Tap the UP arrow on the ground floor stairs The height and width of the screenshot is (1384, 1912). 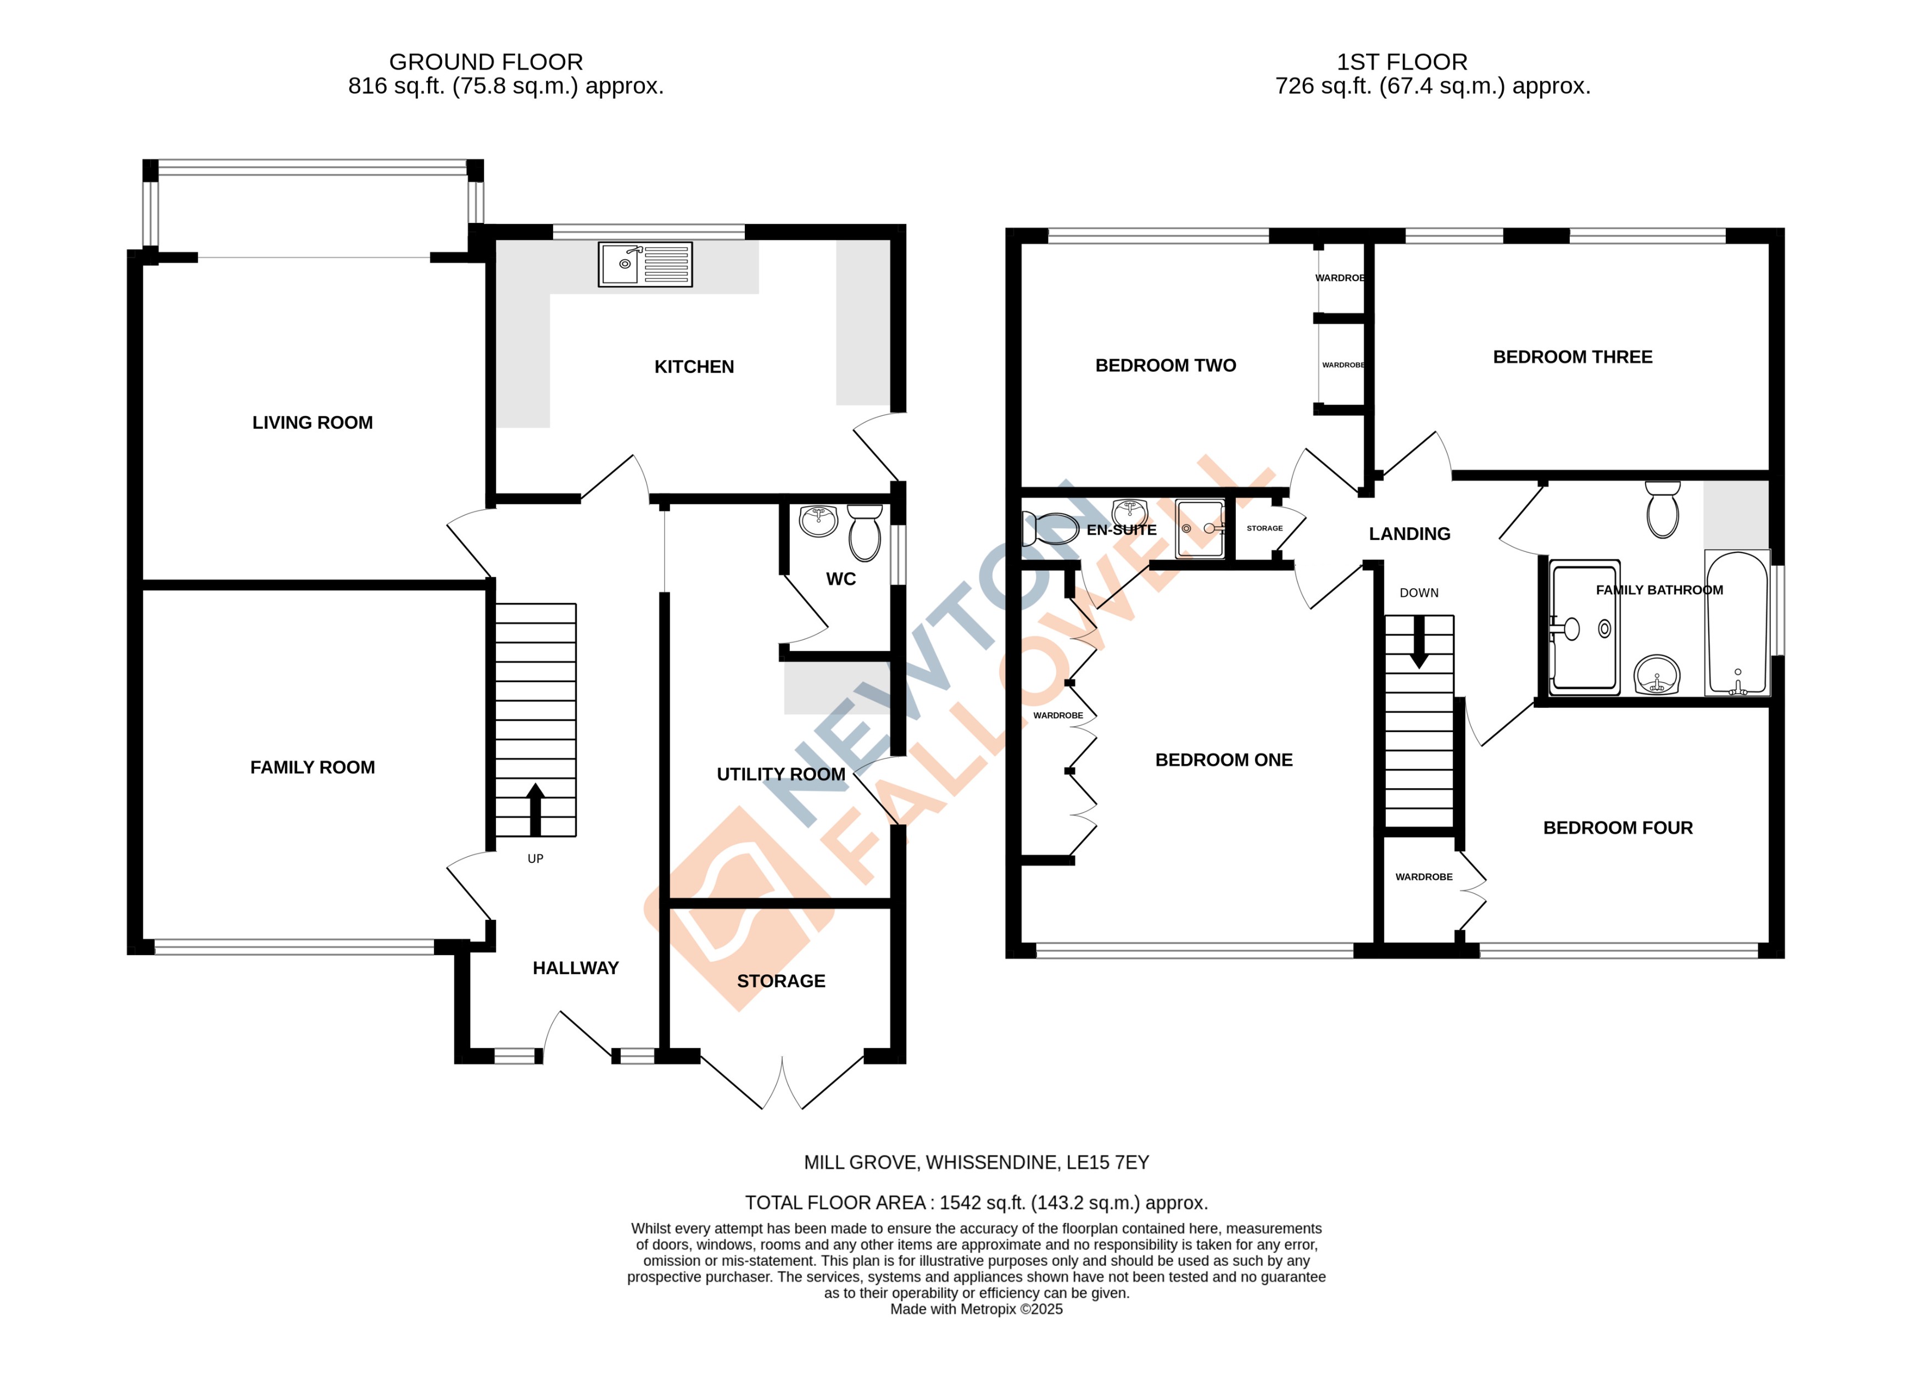(x=536, y=809)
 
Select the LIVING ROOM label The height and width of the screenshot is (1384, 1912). (x=312, y=422)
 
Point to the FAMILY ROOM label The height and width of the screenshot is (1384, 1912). (x=312, y=767)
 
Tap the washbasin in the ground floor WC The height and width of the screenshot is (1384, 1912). (x=818, y=520)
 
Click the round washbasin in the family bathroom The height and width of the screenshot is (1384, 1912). (x=1657, y=674)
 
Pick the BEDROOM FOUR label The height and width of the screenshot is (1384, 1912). (x=1618, y=828)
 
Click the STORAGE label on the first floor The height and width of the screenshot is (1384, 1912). (x=1264, y=528)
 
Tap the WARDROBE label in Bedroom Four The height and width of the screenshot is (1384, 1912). (x=1424, y=877)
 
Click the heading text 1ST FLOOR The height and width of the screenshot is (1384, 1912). (x=1402, y=62)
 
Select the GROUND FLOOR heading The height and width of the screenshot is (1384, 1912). (x=486, y=62)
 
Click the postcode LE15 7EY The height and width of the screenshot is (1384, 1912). (x=1107, y=1162)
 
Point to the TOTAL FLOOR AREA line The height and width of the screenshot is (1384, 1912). (x=976, y=1203)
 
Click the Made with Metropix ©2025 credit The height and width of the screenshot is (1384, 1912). (x=976, y=1309)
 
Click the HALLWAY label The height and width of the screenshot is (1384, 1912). (x=576, y=968)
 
